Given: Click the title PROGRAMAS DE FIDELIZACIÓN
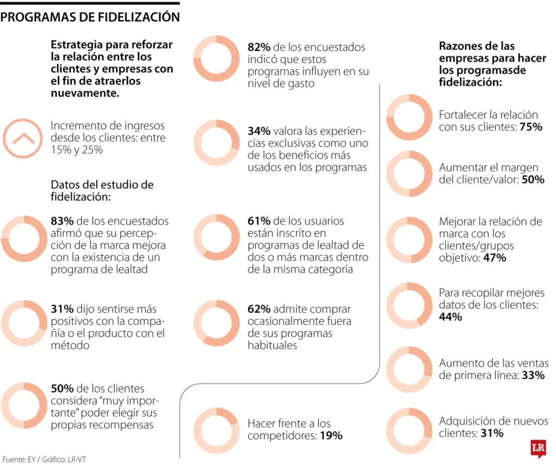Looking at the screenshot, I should pos(90,17).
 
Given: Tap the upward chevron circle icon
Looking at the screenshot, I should pos(22,138).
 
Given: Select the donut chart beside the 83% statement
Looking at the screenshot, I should pos(23,239).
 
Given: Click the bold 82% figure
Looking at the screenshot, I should pos(259,47).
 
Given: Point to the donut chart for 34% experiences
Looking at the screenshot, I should pos(216,143).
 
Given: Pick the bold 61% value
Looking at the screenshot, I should pos(259,221).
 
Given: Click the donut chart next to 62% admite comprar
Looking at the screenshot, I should pos(216,323).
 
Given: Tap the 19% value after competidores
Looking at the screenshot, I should pos(331,436).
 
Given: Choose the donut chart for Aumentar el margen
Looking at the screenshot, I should pos(409,174).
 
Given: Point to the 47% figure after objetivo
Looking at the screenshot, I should pos(495,258).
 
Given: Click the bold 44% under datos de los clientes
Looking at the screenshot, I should pos(451,317).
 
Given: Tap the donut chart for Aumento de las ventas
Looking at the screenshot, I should pos(409,369).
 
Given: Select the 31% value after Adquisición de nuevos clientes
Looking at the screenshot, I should pos(491,434).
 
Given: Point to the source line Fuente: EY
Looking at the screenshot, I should pos(44,459).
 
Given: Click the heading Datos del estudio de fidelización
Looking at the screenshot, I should pos(102,190).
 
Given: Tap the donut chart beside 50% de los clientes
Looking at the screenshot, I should pos(23,405).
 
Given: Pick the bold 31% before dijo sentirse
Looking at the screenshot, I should pos(62,309).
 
